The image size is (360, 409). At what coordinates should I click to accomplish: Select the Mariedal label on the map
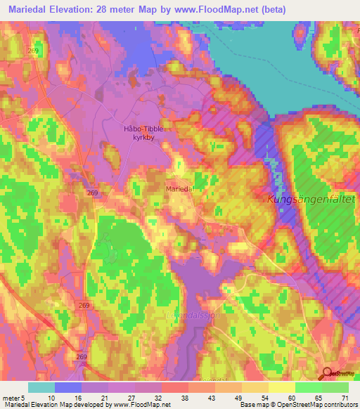(179, 189)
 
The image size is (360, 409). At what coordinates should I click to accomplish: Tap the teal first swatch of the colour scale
(41, 388)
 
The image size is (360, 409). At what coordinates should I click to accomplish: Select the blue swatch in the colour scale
(68, 388)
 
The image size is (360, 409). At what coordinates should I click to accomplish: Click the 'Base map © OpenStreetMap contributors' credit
(297, 404)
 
